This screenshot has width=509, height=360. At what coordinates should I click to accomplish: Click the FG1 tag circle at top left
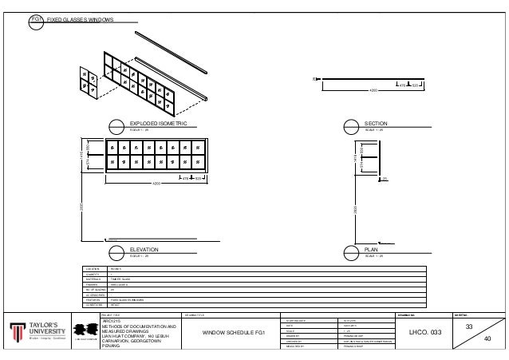tap(36, 18)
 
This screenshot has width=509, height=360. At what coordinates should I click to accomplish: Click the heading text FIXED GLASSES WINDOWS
tap(79, 18)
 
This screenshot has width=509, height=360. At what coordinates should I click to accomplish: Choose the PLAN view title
tap(371, 250)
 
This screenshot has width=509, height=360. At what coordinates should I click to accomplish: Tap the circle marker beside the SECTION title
tap(352, 125)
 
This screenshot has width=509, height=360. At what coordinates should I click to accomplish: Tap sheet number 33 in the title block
tap(468, 327)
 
